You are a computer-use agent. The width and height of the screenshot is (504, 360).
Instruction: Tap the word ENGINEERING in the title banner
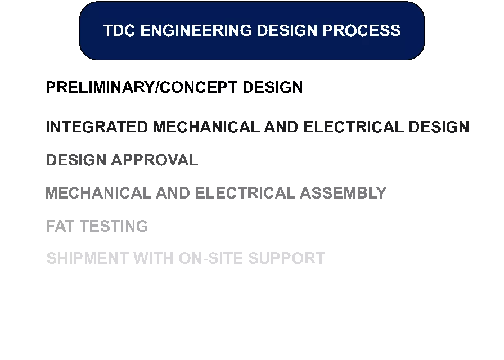(196, 30)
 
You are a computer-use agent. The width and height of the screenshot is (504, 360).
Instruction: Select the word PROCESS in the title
(362, 30)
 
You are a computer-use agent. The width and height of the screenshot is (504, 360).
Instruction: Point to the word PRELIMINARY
(100, 87)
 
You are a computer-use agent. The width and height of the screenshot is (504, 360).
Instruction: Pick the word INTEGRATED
(97, 127)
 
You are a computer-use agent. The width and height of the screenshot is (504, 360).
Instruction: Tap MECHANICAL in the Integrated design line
(206, 127)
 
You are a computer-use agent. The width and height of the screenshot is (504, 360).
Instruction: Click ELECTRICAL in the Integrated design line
(353, 127)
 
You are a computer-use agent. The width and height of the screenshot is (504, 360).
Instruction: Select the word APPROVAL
(155, 160)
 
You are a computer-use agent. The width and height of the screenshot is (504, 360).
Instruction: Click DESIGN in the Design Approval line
(76, 160)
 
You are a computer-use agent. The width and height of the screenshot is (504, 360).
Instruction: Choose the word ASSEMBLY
(343, 193)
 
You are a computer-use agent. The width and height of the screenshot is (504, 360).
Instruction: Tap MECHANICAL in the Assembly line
(98, 193)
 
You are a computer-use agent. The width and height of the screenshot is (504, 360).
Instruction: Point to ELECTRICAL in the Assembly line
(245, 193)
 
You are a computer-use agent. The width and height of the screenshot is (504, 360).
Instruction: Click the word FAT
(60, 226)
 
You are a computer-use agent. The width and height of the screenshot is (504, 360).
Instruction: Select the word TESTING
(114, 226)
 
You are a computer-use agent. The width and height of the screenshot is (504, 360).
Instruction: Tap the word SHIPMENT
(87, 258)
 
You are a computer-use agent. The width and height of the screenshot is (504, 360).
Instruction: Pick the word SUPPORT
(287, 258)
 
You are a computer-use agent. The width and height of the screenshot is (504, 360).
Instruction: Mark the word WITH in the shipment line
(154, 258)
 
